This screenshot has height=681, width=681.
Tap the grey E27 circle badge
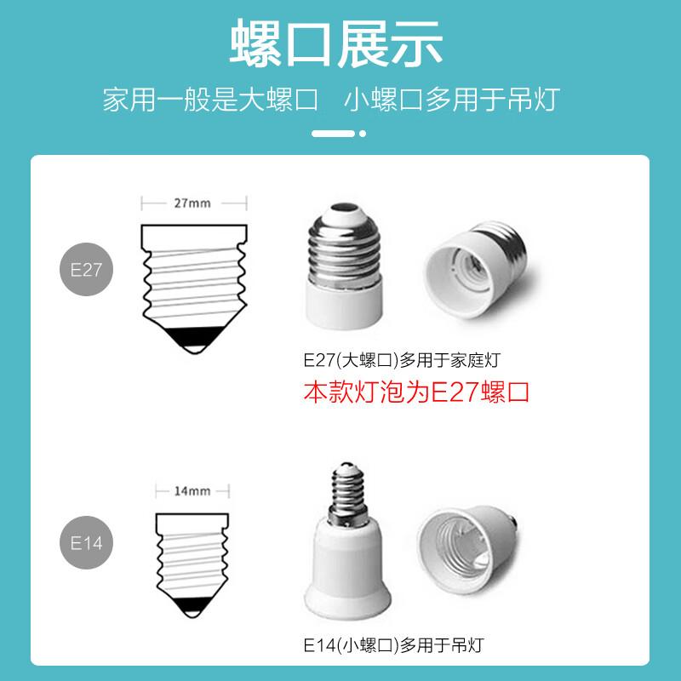[86, 269]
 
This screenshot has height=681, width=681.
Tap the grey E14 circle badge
[86, 542]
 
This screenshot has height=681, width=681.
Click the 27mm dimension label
[192, 203]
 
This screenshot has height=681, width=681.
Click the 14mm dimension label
[192, 491]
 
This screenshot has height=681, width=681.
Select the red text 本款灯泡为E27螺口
[416, 392]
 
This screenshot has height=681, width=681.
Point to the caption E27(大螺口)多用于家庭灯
[402, 360]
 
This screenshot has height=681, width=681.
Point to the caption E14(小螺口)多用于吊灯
[393, 645]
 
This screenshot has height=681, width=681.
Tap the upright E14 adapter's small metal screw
[346, 494]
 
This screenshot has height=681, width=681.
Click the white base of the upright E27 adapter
[345, 304]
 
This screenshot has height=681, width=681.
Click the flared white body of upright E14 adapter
[347, 569]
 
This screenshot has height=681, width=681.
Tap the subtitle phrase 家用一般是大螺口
[210, 100]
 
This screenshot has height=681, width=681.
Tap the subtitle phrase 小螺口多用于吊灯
[452, 100]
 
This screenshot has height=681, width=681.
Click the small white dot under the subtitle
[363, 134]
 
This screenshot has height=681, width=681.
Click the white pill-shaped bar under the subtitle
[333, 134]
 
